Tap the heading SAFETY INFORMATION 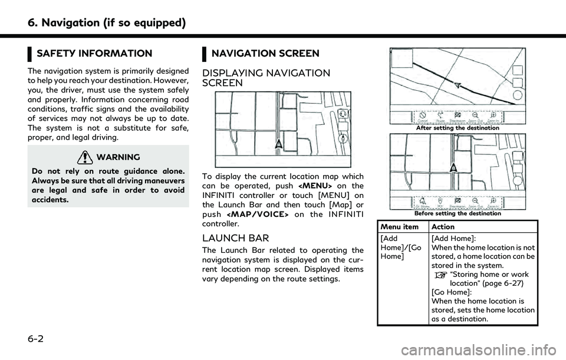[x=94, y=54]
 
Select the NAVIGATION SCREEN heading [x=265, y=54]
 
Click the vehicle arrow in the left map [x=278, y=143]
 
